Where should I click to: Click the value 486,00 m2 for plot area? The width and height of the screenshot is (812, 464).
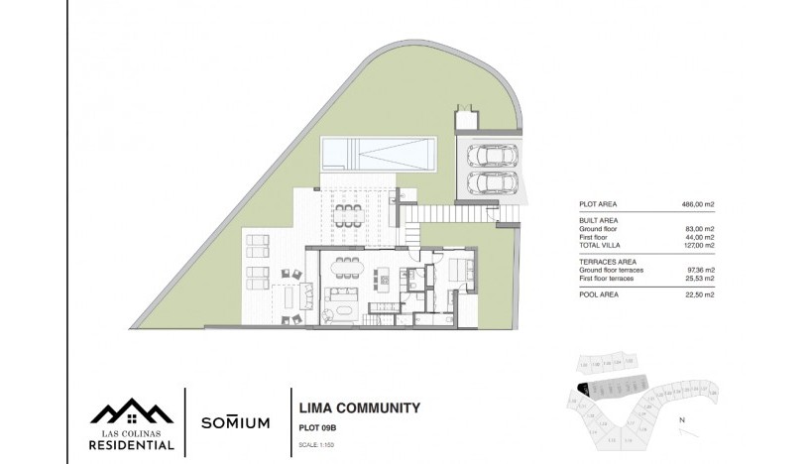(700, 204)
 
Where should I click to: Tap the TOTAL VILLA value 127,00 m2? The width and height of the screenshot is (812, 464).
(700, 245)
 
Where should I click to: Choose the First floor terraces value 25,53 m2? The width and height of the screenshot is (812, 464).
(700, 278)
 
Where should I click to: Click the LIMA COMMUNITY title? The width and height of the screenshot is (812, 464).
(359, 407)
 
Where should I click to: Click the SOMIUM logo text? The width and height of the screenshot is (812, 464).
(235, 422)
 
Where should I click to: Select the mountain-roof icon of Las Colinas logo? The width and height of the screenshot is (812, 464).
(132, 410)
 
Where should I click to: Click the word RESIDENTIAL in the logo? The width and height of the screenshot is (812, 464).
(132, 445)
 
